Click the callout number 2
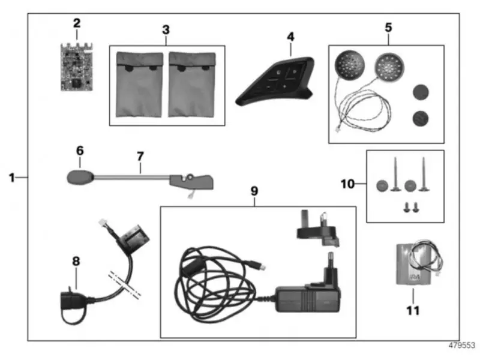76,23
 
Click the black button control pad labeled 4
276,81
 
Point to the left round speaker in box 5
349,64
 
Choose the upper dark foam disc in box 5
419,92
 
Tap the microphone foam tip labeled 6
79,177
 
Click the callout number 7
140,156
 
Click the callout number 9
254,191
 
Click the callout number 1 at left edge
11,177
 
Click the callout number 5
388,27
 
